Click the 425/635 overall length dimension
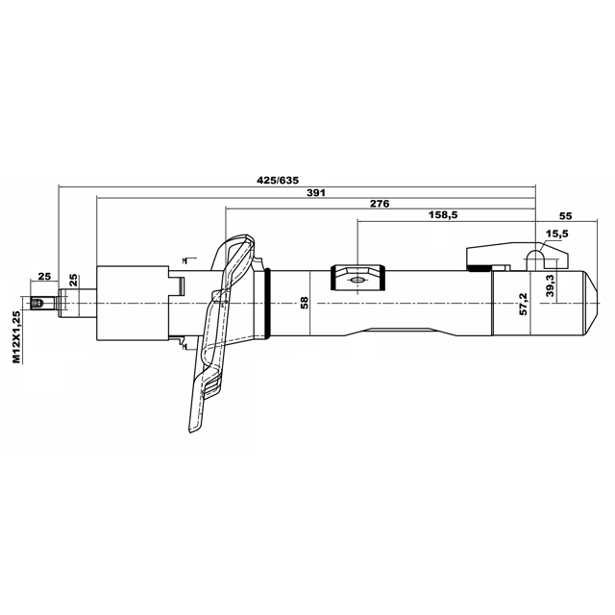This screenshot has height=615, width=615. click(x=279, y=180)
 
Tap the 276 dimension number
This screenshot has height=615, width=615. click(x=379, y=205)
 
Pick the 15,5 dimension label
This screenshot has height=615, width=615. click(x=556, y=234)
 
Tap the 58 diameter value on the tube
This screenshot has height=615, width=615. click(x=305, y=302)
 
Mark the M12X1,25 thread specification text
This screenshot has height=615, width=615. click(x=16, y=336)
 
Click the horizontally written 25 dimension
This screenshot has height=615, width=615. click(x=43, y=276)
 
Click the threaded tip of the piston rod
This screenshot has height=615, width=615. click(x=39, y=304)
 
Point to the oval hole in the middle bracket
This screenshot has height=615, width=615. click(x=357, y=280)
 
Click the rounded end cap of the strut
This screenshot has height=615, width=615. click(x=578, y=303)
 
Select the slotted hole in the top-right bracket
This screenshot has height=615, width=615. click(x=536, y=258)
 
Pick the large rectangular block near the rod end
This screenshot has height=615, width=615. click(x=130, y=301)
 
